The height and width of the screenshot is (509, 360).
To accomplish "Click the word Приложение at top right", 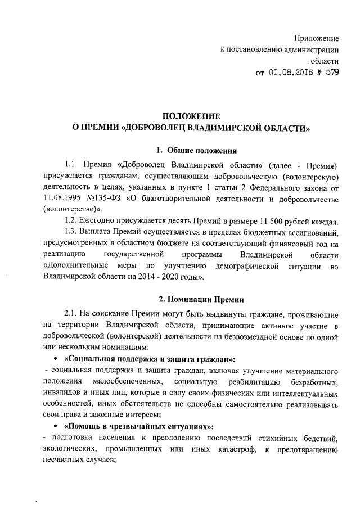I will (x=317, y=38).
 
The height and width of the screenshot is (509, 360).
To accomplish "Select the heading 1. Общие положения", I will (x=196, y=150).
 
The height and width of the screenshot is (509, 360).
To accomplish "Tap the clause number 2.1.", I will (x=71, y=314).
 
